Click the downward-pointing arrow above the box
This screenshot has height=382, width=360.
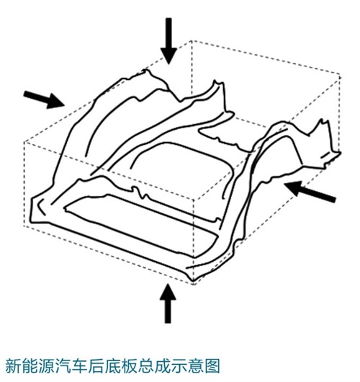pos(168,40)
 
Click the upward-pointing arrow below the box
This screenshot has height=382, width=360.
pos(168,303)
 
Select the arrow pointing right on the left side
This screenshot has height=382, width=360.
pos(44,99)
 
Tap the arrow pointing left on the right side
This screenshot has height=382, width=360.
pos(310,192)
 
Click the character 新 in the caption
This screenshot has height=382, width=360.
pos(13,366)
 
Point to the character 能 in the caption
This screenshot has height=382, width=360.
pos(30,366)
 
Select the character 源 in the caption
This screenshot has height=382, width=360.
pos(46,366)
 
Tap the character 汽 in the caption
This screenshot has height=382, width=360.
pos(63,366)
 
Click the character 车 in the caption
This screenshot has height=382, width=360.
pos(79,366)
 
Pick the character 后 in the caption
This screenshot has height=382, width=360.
pos(96,366)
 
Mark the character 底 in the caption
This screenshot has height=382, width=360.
pos(112,366)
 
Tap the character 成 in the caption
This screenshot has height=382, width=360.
pos(161,366)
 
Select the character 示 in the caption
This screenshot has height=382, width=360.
pos(178,366)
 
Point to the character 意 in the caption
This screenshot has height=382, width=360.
pos(194,366)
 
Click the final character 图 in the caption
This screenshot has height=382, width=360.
pos(211,366)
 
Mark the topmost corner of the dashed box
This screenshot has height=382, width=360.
pos(192,40)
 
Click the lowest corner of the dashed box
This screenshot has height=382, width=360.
pos(194,284)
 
